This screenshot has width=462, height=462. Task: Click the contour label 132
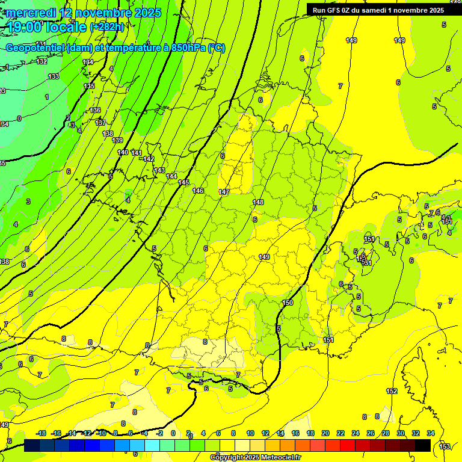(x=42, y=61)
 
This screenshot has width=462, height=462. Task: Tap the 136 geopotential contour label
(x=95, y=110)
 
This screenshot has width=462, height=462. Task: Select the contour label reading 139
(x=117, y=140)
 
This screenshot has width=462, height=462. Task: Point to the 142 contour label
(x=149, y=159)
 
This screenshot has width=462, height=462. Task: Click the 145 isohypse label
(x=183, y=182)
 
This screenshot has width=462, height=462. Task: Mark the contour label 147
(x=224, y=192)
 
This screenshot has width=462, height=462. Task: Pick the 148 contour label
(x=259, y=202)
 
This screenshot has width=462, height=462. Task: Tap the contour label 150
(x=288, y=303)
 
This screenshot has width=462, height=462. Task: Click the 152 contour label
(x=392, y=391)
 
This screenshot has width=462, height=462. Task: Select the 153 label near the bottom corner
(x=445, y=446)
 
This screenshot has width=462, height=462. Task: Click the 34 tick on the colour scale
(x=431, y=433)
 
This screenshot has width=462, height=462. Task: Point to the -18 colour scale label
(x=41, y=433)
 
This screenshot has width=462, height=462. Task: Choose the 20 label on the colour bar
(x=325, y=433)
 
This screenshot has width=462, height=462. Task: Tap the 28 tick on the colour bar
(x=386, y=433)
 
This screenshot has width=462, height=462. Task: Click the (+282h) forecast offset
(x=107, y=27)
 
